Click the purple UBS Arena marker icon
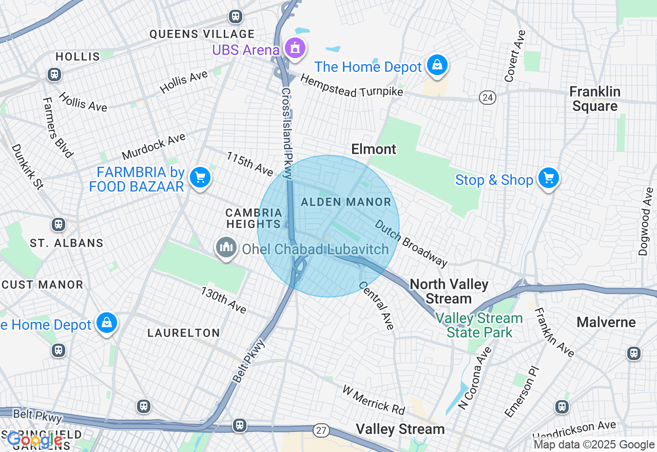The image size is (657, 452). pos(294,49)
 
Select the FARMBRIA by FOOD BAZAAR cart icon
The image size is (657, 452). pos(200,178)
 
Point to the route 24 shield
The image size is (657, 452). pos(488,98)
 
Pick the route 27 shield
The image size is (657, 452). pos(322,430)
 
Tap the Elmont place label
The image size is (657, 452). pos(374,149)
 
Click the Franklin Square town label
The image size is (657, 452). pos(595,99)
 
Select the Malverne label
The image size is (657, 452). pos(606,323)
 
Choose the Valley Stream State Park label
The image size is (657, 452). pos(479,326)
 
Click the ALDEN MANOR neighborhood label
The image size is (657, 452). pos(346,202)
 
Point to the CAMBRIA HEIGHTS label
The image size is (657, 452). pos(254,218)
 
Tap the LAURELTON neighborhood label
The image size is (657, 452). pos(184,333)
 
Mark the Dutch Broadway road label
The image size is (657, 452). pos(411,243)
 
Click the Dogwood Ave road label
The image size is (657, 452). pos(646,221)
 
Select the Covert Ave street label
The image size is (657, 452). pos(515,56)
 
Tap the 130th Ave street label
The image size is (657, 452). pos(224,300)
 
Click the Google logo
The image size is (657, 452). pos(34,440)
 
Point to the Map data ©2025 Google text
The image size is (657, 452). pos(594,445)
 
